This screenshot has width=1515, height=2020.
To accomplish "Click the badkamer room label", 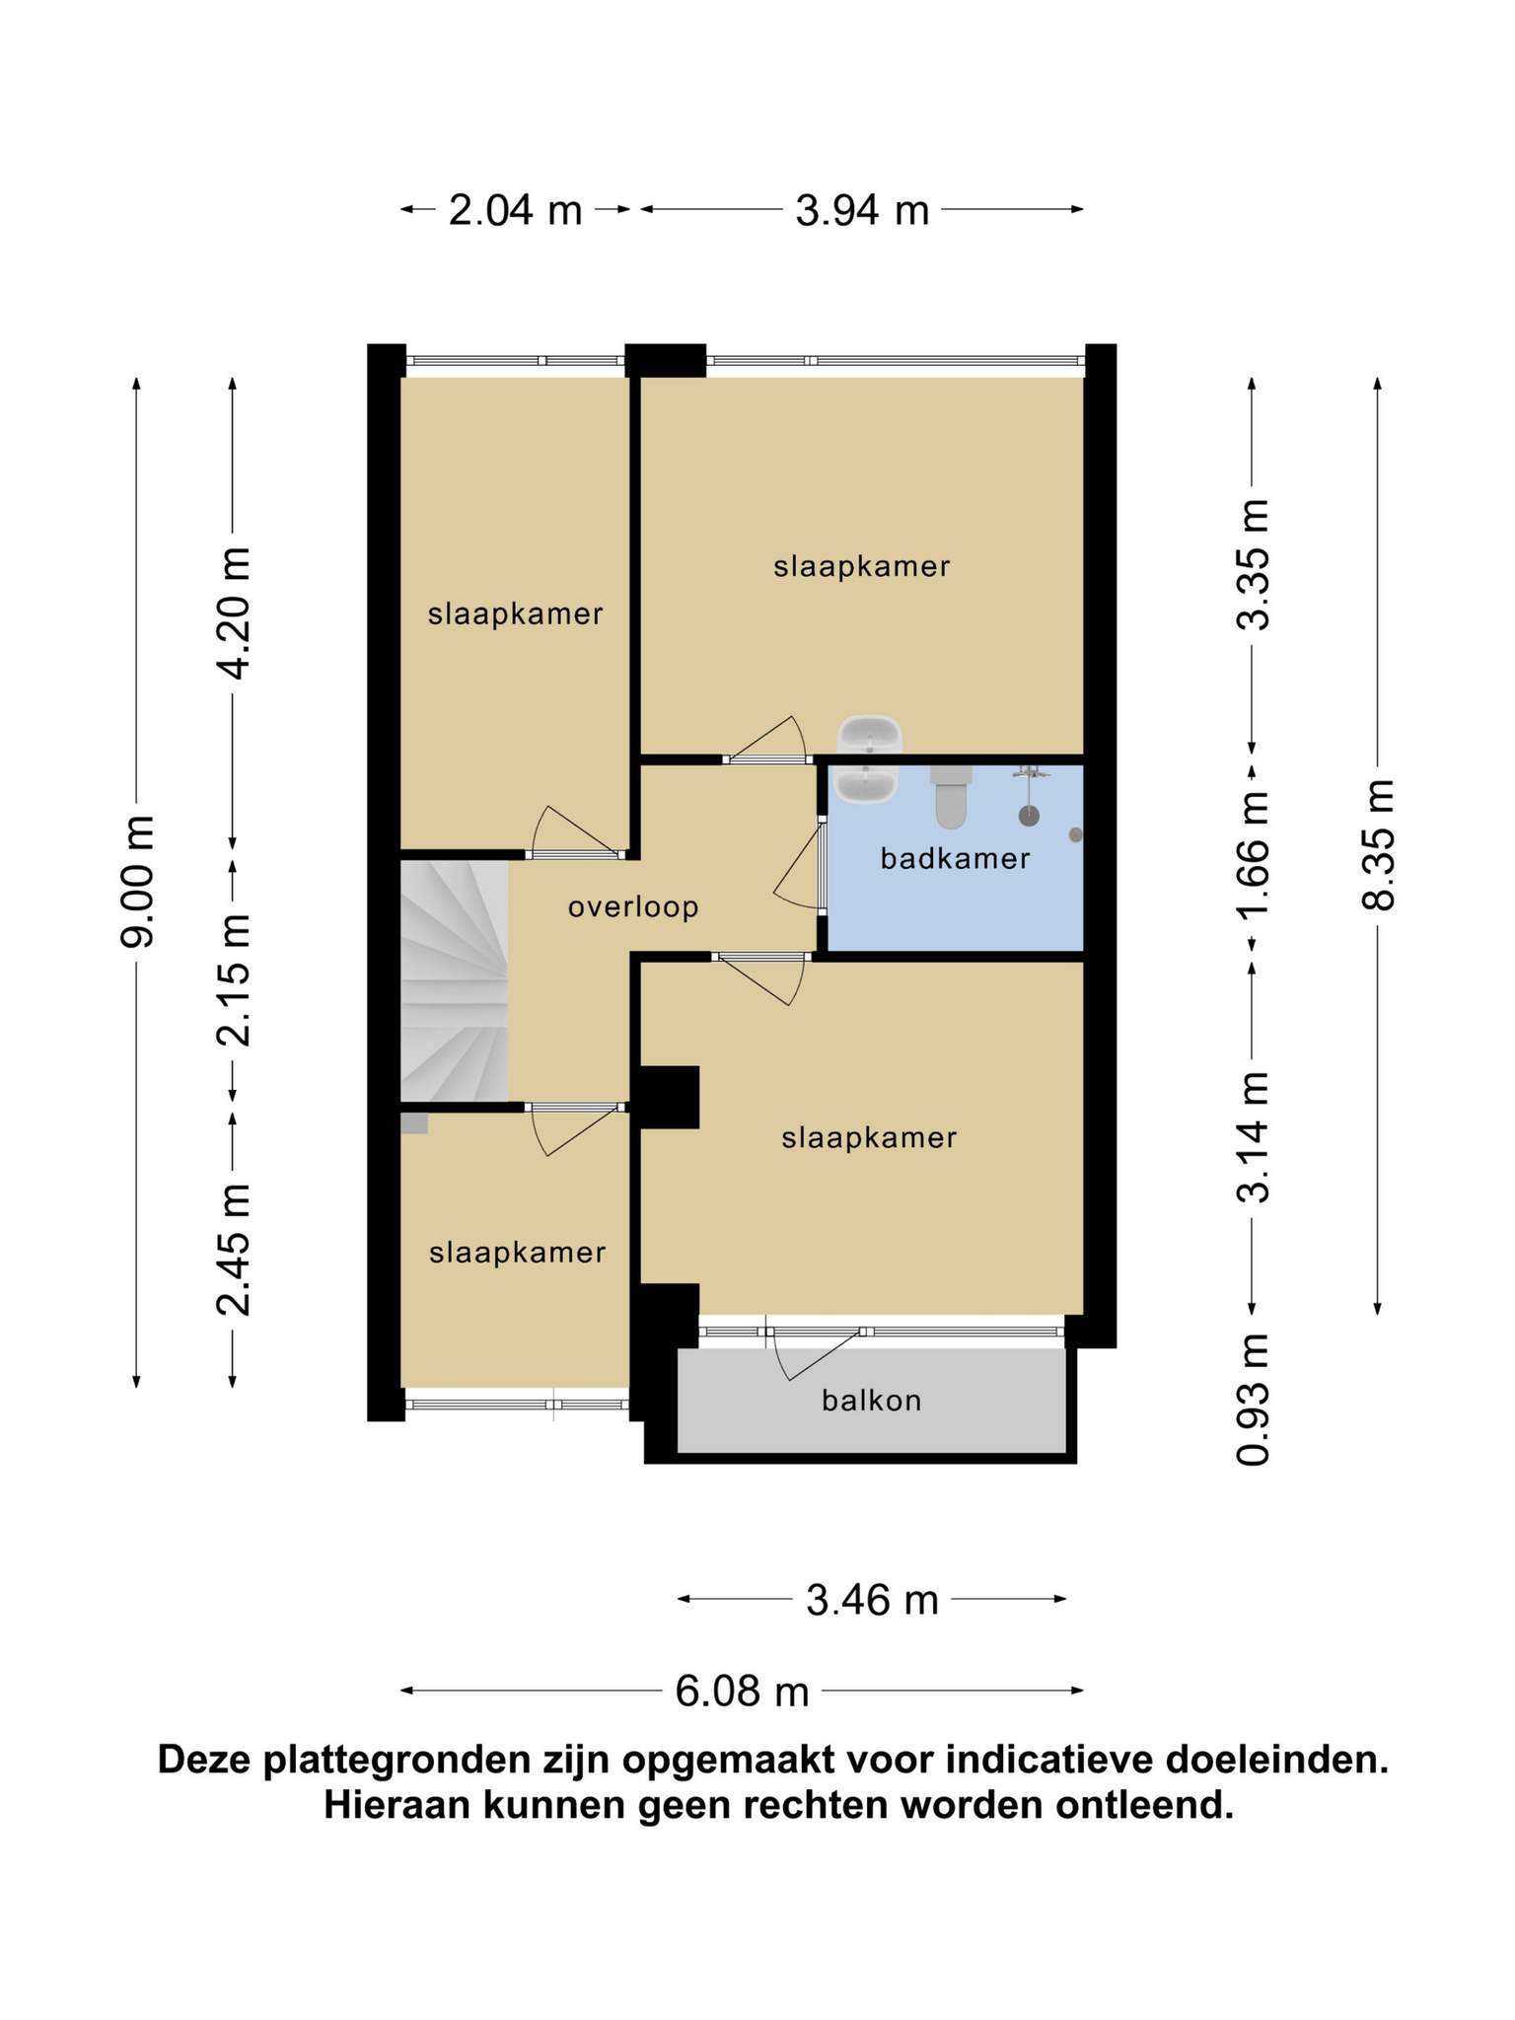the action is tap(955, 858).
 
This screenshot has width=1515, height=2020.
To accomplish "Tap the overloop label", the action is tap(633, 906).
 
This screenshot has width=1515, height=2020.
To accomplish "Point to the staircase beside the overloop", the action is tap(454, 980).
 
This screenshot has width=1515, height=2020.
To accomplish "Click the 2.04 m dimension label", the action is tap(516, 210).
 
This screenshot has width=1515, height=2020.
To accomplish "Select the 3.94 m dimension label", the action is tap(863, 210).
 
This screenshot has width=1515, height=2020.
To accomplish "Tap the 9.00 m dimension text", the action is tap(137, 882).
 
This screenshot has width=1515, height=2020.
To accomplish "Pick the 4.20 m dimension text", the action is tap(234, 613).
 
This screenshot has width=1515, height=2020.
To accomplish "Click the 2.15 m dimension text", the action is tap(234, 980).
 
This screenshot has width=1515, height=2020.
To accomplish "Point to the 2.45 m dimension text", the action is tap(234, 1250).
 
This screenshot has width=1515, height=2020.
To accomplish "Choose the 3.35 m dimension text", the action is tap(1254, 564).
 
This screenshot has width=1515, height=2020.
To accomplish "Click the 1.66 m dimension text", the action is tap(1254, 854).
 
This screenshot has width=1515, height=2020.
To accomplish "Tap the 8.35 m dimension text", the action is tap(1379, 844).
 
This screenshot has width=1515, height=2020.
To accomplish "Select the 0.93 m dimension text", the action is tap(1254, 1400).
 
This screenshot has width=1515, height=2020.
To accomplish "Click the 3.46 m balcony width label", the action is tap(872, 1600).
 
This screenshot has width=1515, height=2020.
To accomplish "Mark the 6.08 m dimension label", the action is tap(742, 1692).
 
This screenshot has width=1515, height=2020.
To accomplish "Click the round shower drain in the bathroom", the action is tap(1029, 816).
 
